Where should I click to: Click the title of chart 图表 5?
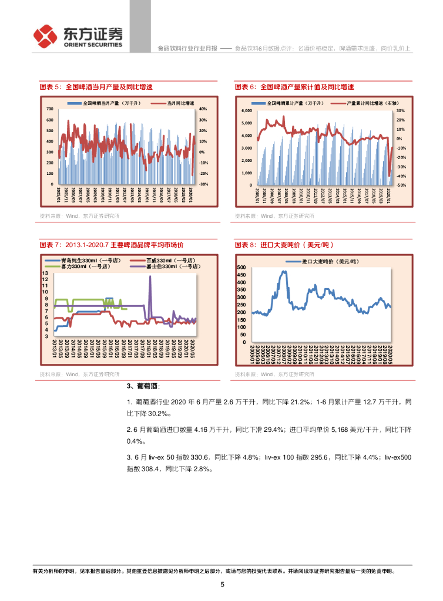click(x=96, y=86)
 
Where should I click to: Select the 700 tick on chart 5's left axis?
click(x=49, y=109)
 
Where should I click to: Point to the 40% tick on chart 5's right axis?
click(x=203, y=109)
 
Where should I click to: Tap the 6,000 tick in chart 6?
click(x=246, y=110)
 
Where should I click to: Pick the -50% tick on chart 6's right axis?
click(x=401, y=185)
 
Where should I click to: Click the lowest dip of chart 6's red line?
click(x=390, y=175)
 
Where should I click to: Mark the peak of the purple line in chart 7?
click(x=150, y=276)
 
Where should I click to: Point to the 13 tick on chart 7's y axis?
click(x=45, y=274)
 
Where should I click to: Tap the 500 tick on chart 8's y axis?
click(x=240, y=268)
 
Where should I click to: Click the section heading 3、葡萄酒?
click(x=143, y=386)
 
